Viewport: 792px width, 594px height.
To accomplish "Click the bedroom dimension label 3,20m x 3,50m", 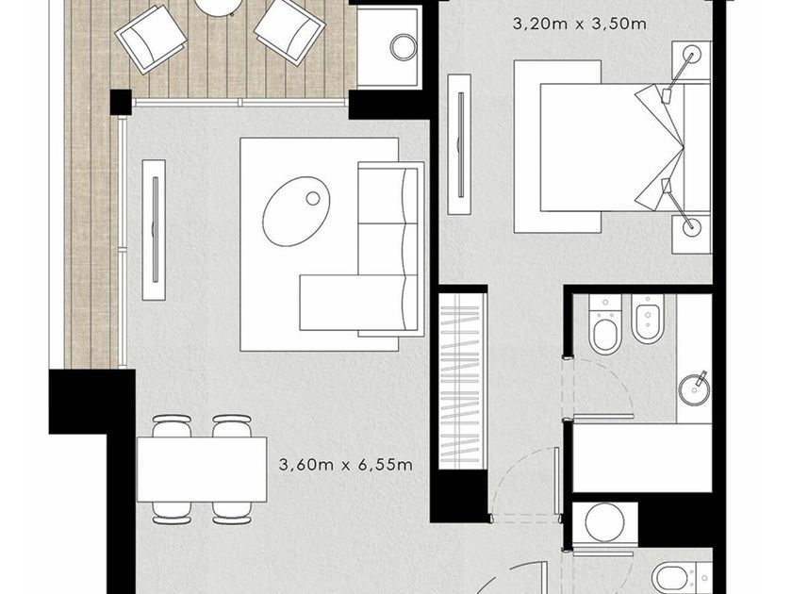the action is (579, 24).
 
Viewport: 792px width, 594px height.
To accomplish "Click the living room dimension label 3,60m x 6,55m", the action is (345, 464).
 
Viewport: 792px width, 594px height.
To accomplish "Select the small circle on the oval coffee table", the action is (313, 199).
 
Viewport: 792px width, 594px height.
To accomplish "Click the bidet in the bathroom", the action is (647, 319).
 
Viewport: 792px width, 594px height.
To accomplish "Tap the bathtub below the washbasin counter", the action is (642, 457).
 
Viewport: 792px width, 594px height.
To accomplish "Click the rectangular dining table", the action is (202, 470).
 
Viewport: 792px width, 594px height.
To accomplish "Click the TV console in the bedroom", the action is (460, 144).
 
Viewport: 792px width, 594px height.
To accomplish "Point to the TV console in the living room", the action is (154, 230).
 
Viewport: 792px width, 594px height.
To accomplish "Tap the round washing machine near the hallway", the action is (604, 522).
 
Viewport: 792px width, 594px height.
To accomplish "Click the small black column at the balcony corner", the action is (122, 101).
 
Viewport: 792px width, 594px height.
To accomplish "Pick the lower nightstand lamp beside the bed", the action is (691, 227).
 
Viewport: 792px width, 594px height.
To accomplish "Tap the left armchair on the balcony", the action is (151, 39).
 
